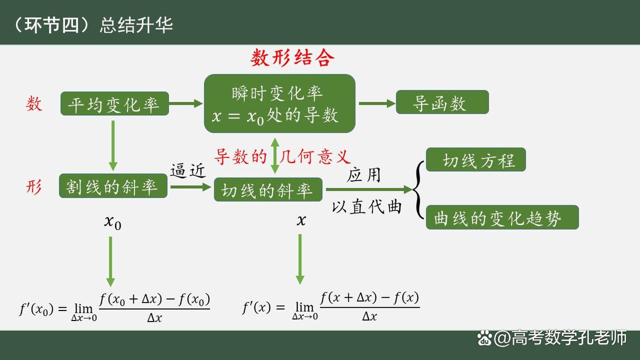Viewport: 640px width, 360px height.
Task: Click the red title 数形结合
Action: [x=292, y=58]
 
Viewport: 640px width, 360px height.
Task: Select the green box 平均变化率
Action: [x=114, y=104]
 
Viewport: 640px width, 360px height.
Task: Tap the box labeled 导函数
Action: [x=442, y=102]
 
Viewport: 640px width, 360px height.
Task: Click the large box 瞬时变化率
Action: [x=279, y=103]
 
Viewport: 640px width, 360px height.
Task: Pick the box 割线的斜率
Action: [x=113, y=186]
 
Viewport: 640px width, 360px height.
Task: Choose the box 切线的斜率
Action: [x=268, y=189]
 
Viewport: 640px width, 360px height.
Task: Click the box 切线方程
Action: [x=475, y=159]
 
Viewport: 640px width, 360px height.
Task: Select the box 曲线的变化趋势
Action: [x=502, y=217]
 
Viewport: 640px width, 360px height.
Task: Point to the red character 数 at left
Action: [x=34, y=104]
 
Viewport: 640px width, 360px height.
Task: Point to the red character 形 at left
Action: [x=34, y=187]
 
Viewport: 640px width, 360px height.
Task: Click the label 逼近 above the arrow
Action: [x=188, y=171]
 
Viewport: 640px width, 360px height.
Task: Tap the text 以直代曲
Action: [x=366, y=206]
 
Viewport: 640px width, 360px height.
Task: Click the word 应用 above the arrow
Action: [x=364, y=175]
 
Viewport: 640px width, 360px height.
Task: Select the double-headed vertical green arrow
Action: [x=275, y=155]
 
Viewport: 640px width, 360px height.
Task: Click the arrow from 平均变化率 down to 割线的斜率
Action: [x=113, y=145]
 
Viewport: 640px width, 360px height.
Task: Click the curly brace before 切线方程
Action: [x=419, y=189]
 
